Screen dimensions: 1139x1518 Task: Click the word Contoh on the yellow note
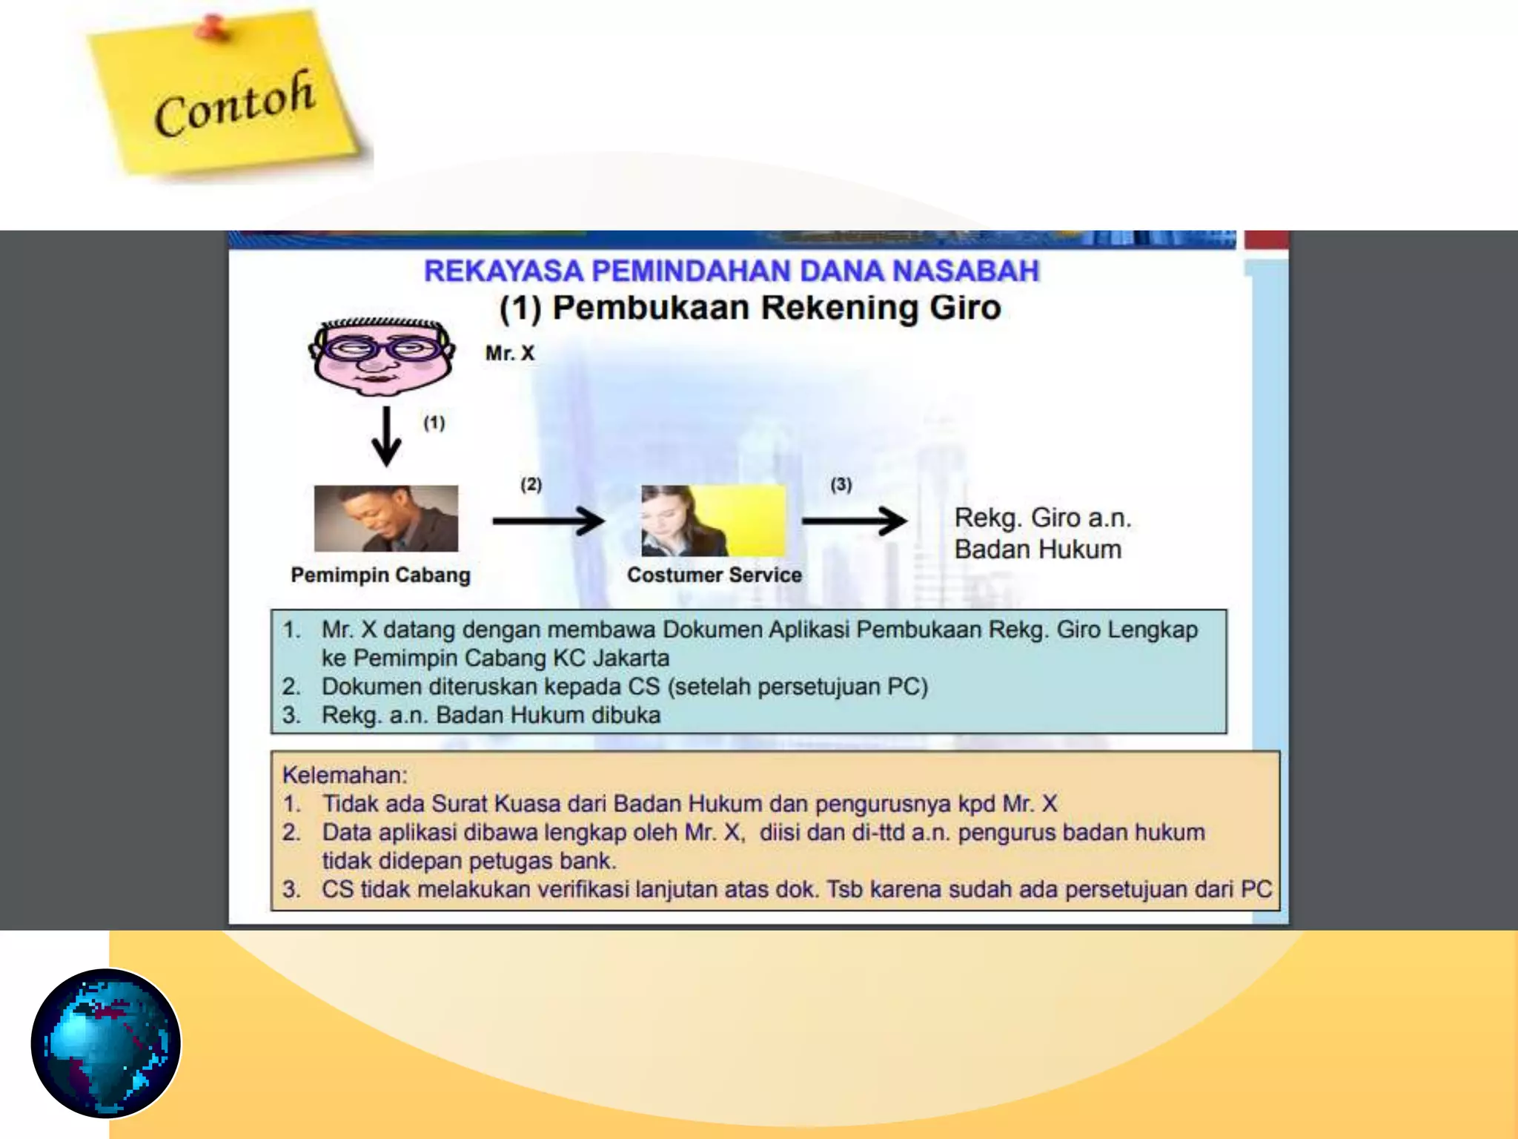coord(234,104)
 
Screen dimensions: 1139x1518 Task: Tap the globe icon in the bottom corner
coord(106,1043)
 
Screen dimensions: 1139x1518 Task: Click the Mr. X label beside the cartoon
coord(509,353)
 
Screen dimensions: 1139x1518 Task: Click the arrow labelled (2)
coord(548,521)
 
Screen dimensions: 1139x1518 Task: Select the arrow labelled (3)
coord(854,521)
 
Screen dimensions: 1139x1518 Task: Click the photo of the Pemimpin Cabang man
coord(385,518)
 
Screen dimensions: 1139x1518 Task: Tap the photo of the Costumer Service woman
coord(712,521)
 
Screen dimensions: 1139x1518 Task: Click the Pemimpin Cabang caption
coord(380,575)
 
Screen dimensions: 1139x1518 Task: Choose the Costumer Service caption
coord(714,575)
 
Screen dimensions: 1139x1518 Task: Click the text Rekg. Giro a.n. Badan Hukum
coord(1041,533)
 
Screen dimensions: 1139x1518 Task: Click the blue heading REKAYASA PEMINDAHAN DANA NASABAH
coord(731,271)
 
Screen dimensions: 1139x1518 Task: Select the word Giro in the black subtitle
coord(965,308)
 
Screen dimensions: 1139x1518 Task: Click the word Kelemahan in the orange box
coord(344,775)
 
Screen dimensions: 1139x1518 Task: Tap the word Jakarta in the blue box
coord(629,658)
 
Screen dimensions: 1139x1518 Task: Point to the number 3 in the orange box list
coord(290,889)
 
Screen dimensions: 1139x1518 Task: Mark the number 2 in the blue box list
coord(290,687)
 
